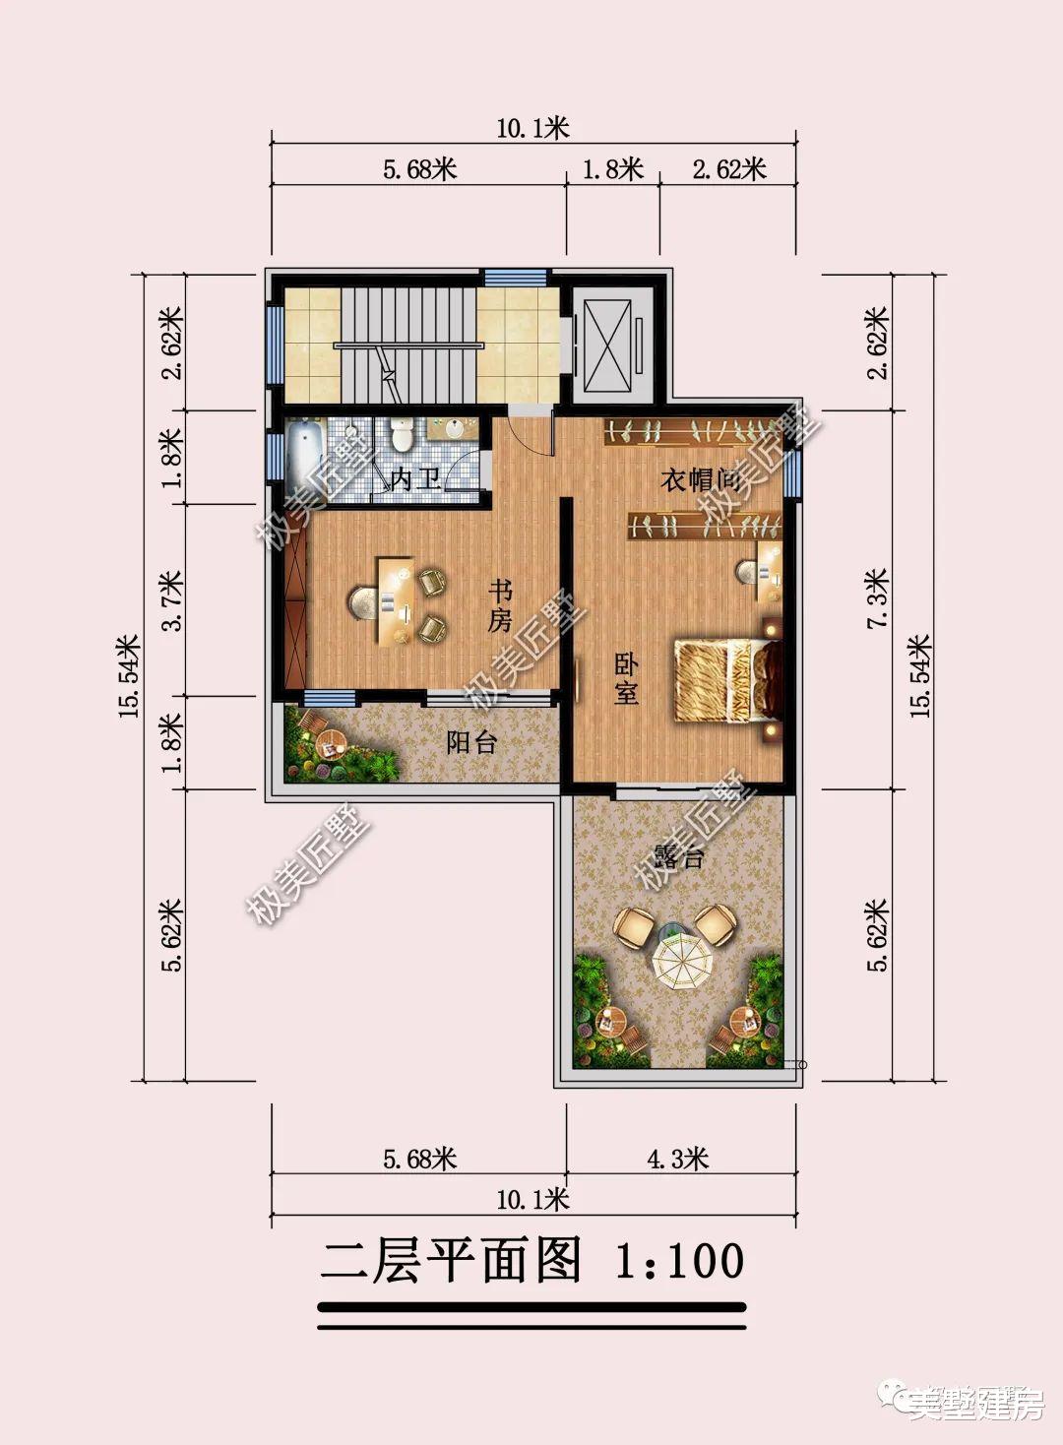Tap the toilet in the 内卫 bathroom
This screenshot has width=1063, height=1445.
coord(401,433)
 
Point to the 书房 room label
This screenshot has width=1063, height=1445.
coord(501,605)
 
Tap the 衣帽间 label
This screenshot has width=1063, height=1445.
coord(700,480)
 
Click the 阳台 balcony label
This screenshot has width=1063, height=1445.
coord(471,742)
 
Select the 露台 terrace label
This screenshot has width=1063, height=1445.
coord(679,855)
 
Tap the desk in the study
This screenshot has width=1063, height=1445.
coord(394,600)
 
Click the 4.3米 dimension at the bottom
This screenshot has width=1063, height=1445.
coord(677,1158)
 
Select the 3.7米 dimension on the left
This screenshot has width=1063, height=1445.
coord(171,600)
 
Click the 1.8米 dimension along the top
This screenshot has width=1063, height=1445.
coord(612,169)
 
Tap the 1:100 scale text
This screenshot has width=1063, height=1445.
coord(679,1261)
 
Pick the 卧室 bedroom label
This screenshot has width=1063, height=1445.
coord(626,678)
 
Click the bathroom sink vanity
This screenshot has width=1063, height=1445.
coord(455,430)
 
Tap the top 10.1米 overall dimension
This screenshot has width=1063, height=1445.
coord(532,128)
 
